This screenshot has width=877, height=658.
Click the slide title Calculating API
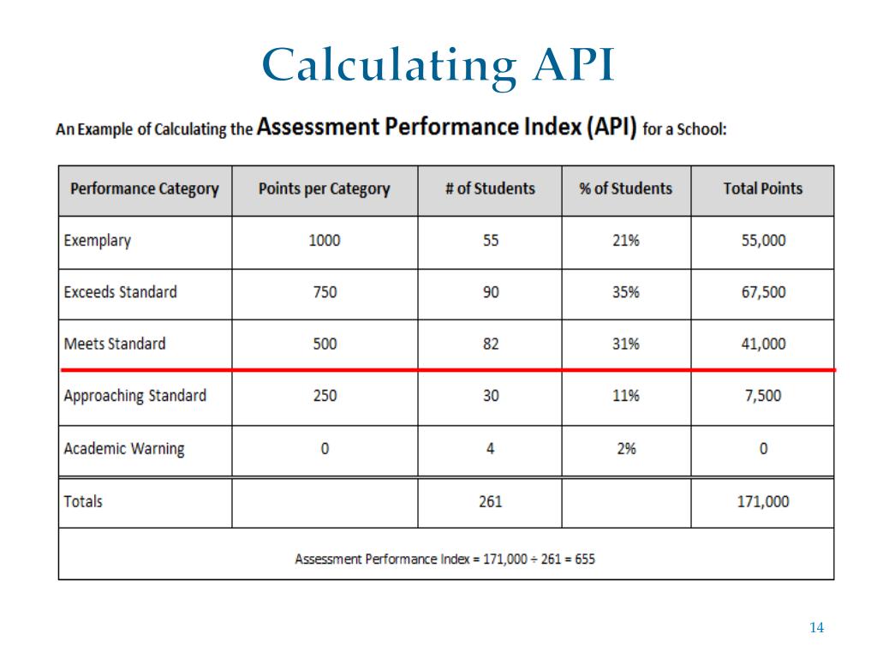[438, 65]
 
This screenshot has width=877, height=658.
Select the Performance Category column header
[145, 189]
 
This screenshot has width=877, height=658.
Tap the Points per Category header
[324, 189]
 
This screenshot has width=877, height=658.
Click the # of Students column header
[490, 189]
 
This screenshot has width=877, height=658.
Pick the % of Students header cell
[626, 189]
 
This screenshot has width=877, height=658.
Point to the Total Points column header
[763, 189]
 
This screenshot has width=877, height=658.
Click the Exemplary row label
[98, 241]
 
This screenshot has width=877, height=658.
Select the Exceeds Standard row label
[121, 292]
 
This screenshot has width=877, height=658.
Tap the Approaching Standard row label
[135, 396]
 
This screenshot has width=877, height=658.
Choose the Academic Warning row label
[124, 449]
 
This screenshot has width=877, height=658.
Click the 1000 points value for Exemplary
[324, 241]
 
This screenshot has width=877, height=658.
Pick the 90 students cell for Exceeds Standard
[490, 292]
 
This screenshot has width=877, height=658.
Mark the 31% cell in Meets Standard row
[626, 344]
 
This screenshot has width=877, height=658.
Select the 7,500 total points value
[763, 396]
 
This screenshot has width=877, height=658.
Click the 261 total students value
[490, 501]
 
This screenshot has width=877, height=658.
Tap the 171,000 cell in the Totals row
[763, 501]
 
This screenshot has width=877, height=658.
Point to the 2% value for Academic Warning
[626, 449]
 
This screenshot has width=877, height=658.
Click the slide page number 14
[816, 629]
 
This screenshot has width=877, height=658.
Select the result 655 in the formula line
[585, 559]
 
